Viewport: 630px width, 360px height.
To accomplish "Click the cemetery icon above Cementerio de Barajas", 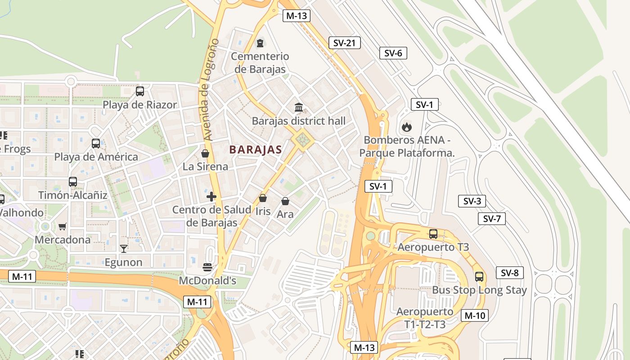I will pyautogui.click(x=260, y=43).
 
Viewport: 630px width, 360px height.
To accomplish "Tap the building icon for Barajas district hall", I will pyautogui.click(x=299, y=107).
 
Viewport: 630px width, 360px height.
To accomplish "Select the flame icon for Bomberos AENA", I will pyautogui.click(x=407, y=126).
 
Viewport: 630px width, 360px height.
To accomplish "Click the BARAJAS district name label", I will pyautogui.click(x=256, y=150).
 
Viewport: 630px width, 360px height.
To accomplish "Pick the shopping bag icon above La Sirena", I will pyautogui.click(x=205, y=153).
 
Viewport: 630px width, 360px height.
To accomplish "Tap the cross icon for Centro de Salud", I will pyautogui.click(x=211, y=197).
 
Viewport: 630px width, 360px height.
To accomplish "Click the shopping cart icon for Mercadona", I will pyautogui.click(x=63, y=226).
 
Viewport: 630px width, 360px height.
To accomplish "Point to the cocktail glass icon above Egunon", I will pyautogui.click(x=123, y=248).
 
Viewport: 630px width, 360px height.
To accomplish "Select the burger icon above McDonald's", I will pyautogui.click(x=207, y=267).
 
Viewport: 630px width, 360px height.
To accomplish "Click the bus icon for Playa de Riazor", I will pyautogui.click(x=140, y=91).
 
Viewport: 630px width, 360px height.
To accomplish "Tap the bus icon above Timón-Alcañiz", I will pyautogui.click(x=73, y=182).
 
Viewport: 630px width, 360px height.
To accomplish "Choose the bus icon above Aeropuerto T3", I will pyautogui.click(x=433, y=234).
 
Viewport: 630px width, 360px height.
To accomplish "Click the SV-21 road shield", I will pyautogui.click(x=344, y=43).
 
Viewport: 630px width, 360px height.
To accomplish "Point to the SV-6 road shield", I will pyautogui.click(x=393, y=53).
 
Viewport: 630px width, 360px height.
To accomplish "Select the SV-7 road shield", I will pyautogui.click(x=491, y=219).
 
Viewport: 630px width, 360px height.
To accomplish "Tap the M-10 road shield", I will pyautogui.click(x=475, y=315).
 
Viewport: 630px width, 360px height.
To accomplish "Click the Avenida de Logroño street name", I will pyautogui.click(x=211, y=89).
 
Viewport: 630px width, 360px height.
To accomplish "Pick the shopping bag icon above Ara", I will pyautogui.click(x=285, y=201).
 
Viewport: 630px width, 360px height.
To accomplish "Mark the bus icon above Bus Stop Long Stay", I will pyautogui.click(x=479, y=276).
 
